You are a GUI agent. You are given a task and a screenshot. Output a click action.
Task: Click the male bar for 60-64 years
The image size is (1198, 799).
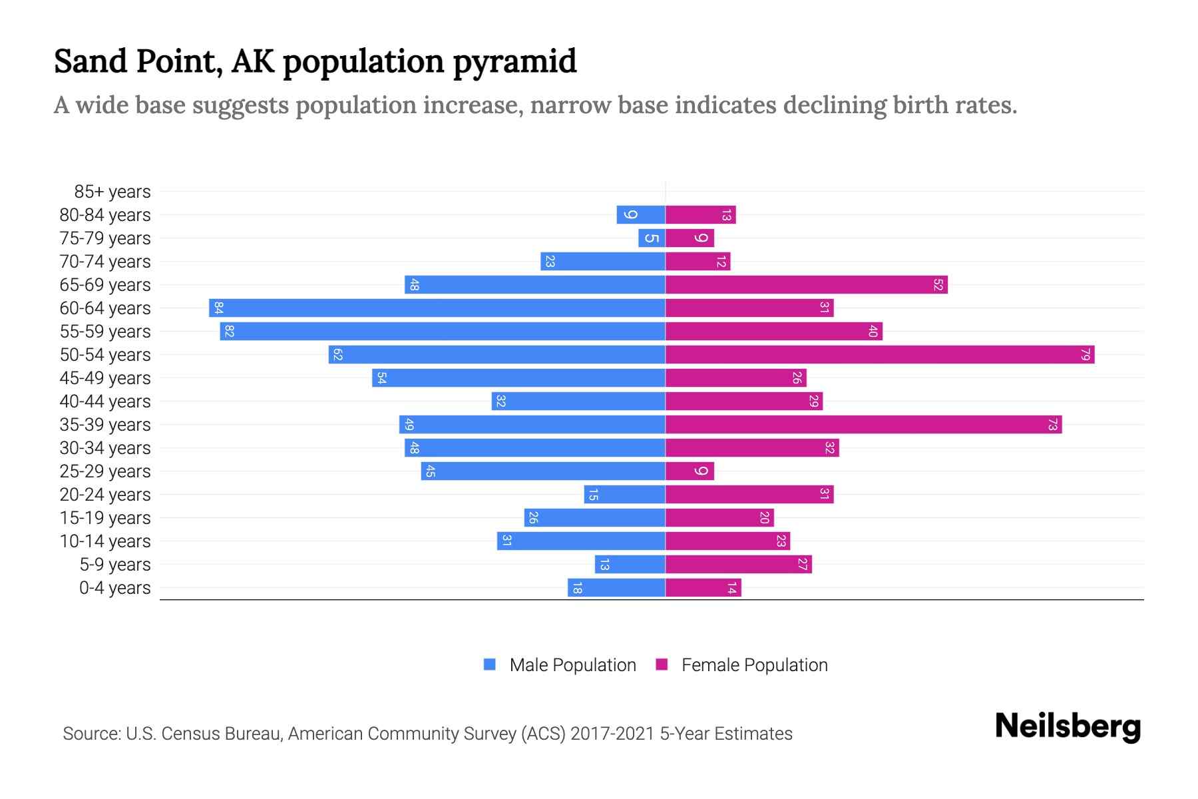437,308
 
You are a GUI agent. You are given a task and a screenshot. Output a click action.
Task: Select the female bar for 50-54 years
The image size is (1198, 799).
880,355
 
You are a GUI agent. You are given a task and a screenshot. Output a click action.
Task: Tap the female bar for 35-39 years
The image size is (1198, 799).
863,425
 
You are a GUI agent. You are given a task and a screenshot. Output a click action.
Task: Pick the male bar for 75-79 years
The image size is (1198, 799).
652,238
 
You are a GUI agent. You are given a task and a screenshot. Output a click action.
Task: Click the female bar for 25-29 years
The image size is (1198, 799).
690,471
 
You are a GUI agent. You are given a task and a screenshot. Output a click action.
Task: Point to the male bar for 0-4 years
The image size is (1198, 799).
616,588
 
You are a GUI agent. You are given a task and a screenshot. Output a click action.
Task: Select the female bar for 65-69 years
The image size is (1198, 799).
806,285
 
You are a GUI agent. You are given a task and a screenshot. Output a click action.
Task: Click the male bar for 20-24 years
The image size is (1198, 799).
624,495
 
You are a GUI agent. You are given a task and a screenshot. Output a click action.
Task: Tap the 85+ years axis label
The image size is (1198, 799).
112,192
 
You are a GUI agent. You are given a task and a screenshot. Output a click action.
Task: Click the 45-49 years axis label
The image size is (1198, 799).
105,378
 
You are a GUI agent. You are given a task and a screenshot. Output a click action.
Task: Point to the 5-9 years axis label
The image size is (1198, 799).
115,565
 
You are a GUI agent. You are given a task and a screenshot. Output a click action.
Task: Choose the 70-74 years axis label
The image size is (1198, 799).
105,262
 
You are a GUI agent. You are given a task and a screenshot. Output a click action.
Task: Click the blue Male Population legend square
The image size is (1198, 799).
490,665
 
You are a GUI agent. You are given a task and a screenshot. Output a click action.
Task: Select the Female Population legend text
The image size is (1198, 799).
754,665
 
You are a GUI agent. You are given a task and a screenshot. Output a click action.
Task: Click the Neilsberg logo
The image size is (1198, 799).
1068,726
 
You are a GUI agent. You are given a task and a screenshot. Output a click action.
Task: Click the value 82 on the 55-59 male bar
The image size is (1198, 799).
230,332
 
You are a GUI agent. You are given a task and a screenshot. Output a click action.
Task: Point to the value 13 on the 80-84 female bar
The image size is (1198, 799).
726,215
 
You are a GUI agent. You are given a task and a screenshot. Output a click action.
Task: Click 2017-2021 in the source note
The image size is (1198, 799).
612,734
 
